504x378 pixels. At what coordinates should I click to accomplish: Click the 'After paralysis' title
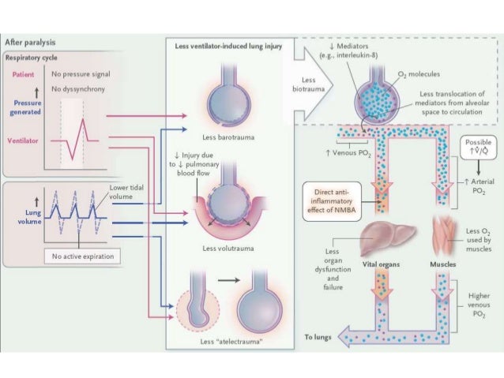(30, 42)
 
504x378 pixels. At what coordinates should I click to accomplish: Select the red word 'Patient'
(23, 75)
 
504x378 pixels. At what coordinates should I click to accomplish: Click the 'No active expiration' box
(81, 256)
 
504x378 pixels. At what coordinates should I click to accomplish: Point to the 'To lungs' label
(318, 338)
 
